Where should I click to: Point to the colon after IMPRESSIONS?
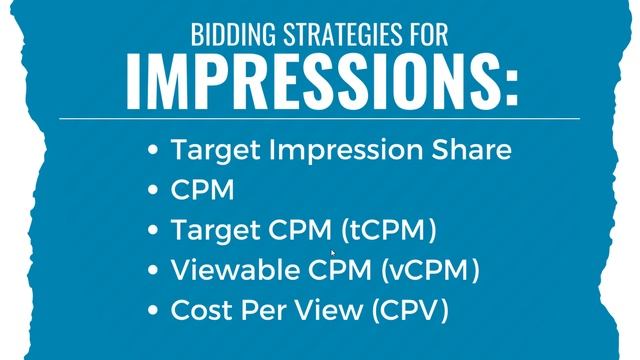[x=512, y=88]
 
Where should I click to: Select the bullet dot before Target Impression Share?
[x=153, y=150]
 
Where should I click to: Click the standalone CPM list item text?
[x=202, y=190]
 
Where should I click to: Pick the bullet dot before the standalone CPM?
[x=153, y=190]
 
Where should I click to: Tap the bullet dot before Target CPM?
[x=153, y=230]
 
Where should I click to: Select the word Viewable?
[x=227, y=270]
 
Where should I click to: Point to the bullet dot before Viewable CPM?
[x=153, y=270]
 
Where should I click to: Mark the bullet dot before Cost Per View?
[x=153, y=310]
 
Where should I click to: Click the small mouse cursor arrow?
[x=334, y=255]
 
